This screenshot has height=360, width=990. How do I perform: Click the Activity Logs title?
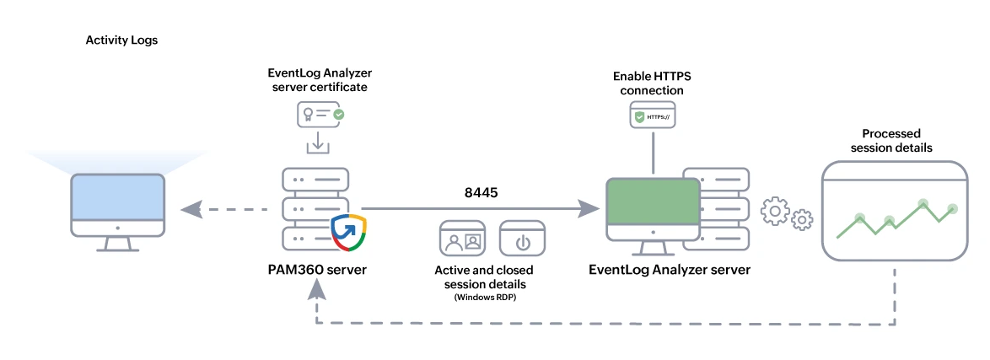click(121, 40)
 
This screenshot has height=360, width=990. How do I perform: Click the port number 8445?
click(482, 192)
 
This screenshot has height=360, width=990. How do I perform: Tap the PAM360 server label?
click(316, 269)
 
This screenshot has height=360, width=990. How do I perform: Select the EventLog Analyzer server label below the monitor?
click(670, 270)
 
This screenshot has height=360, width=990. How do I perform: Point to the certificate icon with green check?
click(320, 114)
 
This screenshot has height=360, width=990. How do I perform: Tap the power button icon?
click(522, 239)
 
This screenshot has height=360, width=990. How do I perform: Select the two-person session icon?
click(462, 239)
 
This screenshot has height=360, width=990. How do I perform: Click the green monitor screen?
click(654, 207)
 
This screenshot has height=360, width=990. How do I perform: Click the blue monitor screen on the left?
click(117, 204)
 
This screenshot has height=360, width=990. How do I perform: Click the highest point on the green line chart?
click(923, 203)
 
